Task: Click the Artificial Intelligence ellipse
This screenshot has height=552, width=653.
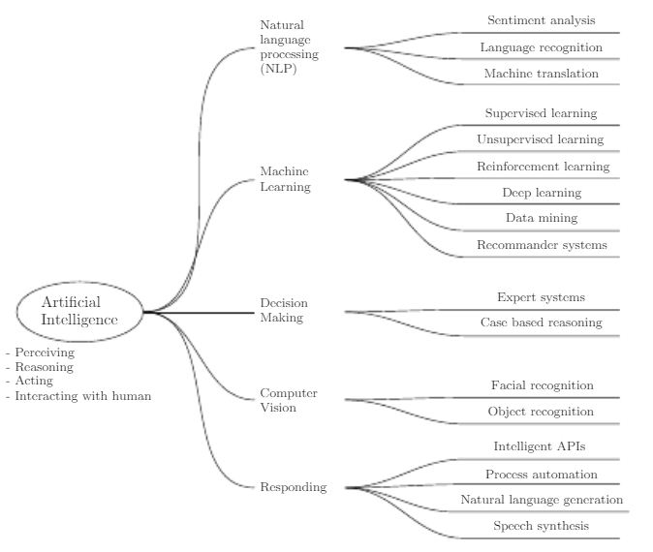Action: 79,311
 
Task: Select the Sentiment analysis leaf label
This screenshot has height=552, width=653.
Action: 541,20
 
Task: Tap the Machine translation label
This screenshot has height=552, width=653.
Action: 541,74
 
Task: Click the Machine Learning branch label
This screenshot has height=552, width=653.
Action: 285,179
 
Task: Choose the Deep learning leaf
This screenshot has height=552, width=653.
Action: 541,193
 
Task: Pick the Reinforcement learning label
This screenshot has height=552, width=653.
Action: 543,167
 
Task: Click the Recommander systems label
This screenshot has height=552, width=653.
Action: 542,245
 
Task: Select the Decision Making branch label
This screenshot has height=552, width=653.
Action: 284,311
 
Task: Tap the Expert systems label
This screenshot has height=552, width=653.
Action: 541,297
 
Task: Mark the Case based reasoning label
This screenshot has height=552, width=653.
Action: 541,322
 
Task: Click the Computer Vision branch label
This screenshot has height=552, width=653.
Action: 289,400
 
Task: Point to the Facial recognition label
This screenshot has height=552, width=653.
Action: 542,385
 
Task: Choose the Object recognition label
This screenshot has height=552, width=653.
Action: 541,412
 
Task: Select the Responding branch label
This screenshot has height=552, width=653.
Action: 293,487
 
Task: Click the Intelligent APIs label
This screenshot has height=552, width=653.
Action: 540,447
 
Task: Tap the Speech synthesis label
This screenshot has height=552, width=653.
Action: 541,526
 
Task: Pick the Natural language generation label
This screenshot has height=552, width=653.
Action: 542,500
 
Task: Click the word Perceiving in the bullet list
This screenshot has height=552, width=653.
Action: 45,353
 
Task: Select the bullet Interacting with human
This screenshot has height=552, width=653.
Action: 82,395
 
